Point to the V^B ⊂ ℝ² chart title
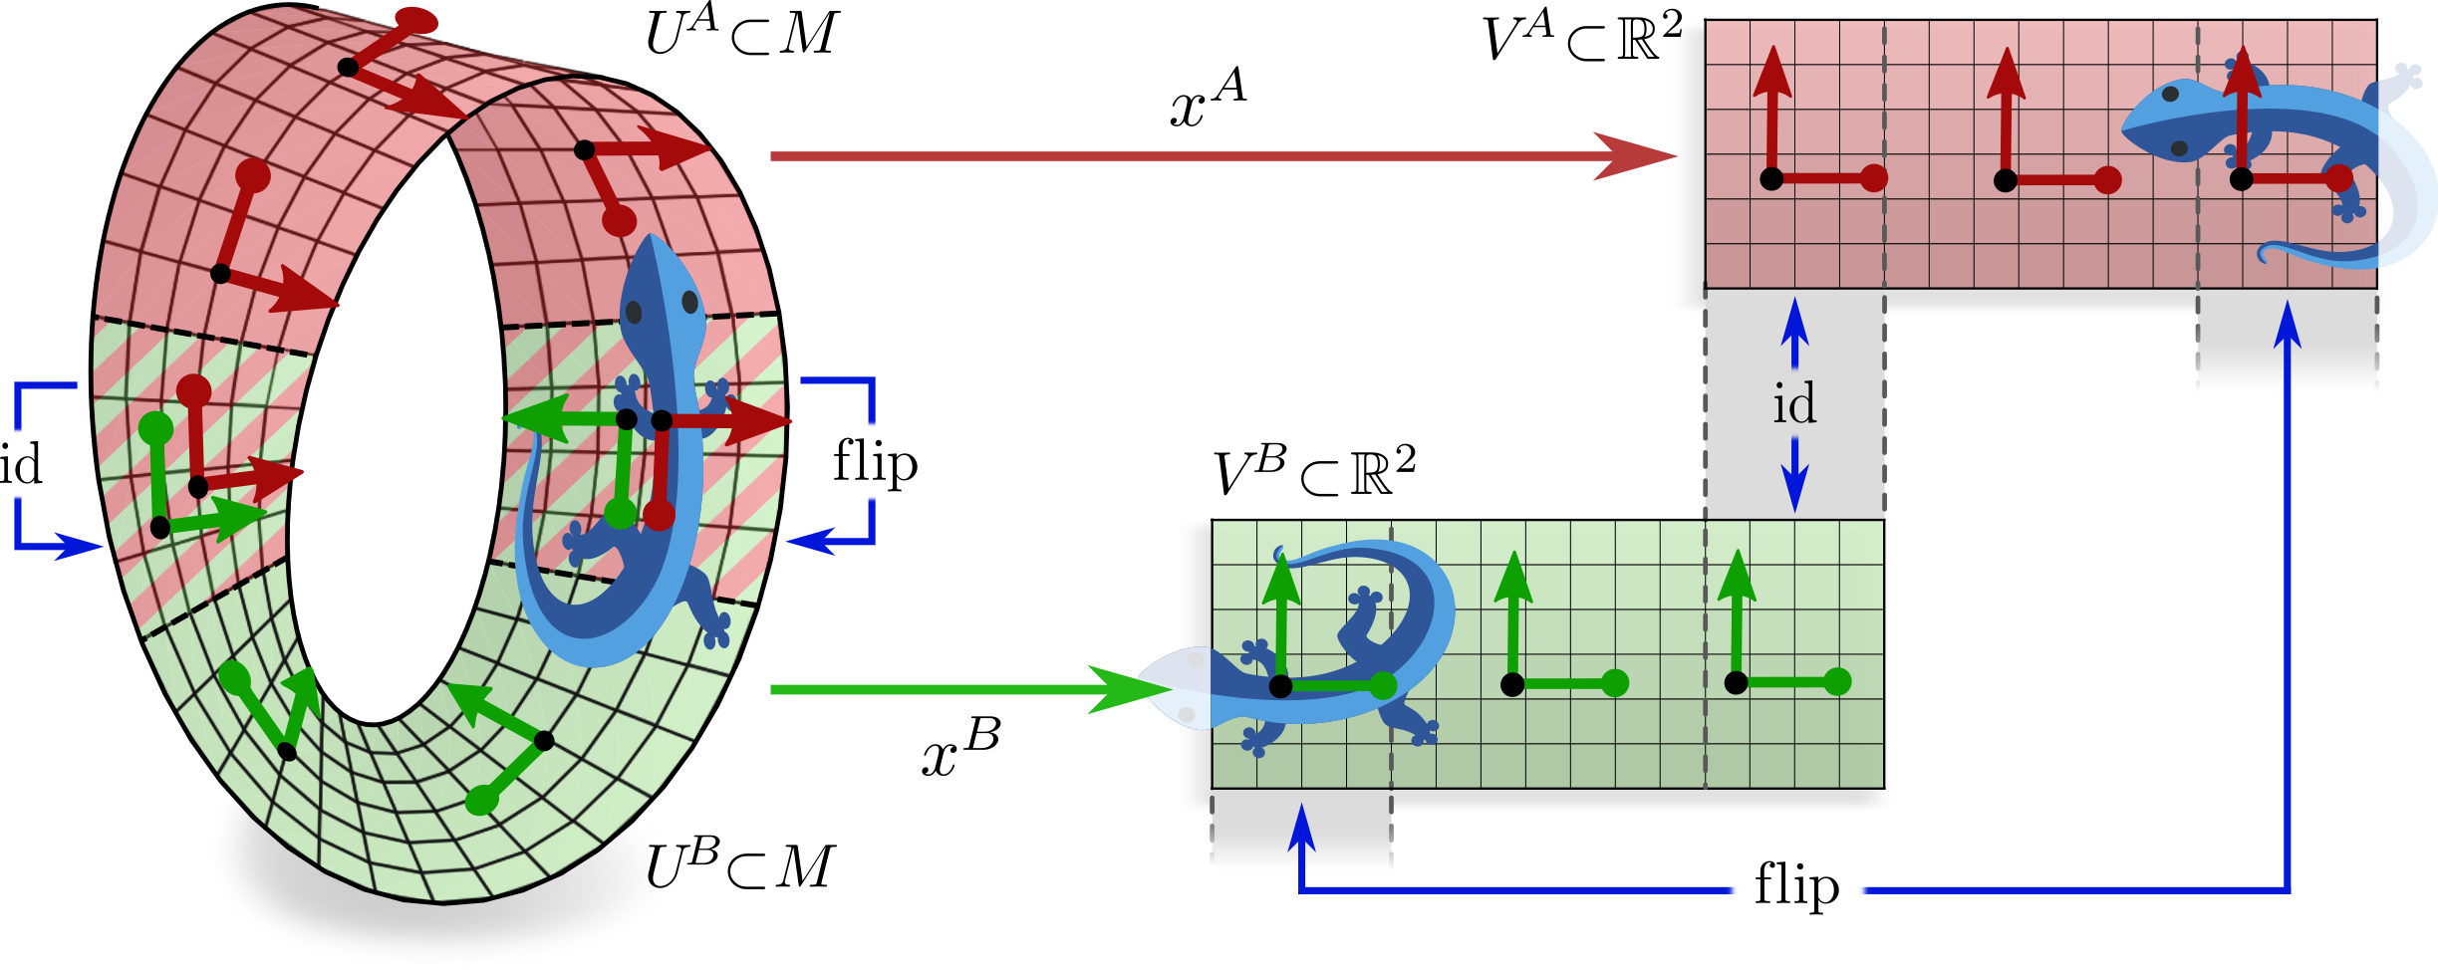1314,471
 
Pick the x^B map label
959,749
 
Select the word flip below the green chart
1796,885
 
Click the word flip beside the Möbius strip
875,463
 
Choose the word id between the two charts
1794,403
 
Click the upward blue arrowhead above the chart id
1795,317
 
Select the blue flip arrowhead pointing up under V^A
2288,322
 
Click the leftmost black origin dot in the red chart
1771,179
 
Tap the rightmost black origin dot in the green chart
1736,682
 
